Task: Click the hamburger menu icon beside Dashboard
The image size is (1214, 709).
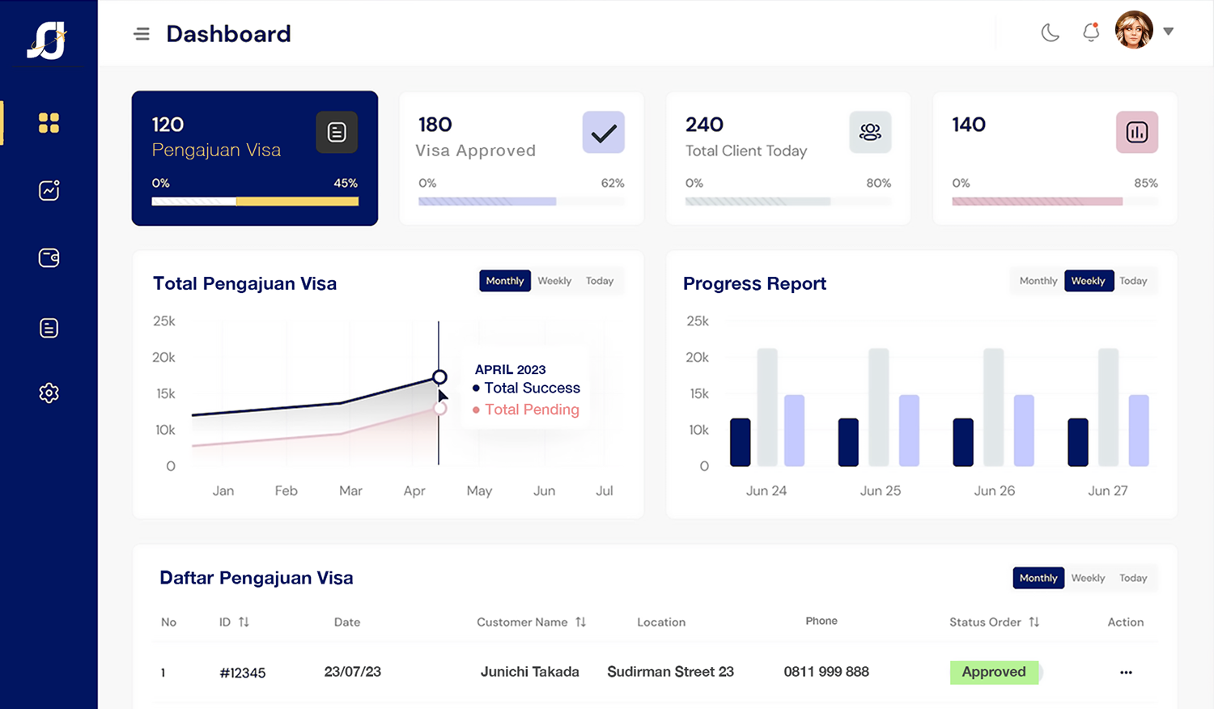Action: (142, 34)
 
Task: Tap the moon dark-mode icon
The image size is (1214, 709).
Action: (1050, 32)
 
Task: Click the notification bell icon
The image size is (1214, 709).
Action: (1091, 32)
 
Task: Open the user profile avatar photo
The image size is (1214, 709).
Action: (1134, 31)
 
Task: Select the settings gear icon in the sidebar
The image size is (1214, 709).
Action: (49, 393)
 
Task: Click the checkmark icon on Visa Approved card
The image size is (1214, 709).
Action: (603, 133)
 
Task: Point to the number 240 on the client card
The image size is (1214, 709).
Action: (704, 125)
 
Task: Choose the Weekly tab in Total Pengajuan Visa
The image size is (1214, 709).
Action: (554, 281)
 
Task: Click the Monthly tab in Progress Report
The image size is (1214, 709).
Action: (1038, 281)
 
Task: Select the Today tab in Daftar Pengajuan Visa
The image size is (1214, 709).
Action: (1133, 578)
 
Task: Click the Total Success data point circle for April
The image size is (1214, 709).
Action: (439, 377)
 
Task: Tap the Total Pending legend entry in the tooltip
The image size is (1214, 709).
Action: (531, 410)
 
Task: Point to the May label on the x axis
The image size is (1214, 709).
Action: (479, 490)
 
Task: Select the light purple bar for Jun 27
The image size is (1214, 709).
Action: (1139, 431)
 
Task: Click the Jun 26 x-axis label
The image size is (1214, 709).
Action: (994, 490)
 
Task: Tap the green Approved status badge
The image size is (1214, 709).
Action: (994, 672)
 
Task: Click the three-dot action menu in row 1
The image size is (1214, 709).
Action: (1126, 673)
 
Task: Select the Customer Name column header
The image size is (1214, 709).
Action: (522, 622)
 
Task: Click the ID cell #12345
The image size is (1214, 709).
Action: (243, 673)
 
